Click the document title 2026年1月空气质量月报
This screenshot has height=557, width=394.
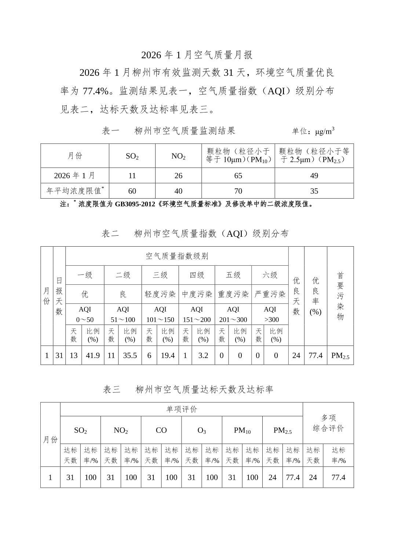tap(197, 55)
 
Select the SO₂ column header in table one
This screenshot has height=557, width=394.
tap(132, 156)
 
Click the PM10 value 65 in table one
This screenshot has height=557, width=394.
tap(238, 176)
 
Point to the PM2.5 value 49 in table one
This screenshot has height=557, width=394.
tap(314, 176)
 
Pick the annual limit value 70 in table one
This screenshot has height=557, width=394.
tap(238, 191)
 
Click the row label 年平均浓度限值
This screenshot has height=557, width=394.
tap(75, 191)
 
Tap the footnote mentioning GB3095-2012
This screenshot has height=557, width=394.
tap(187, 204)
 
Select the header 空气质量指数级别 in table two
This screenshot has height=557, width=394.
tap(177, 256)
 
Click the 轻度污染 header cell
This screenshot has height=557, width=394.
tap(160, 294)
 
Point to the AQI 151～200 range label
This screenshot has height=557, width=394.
tap(197, 314)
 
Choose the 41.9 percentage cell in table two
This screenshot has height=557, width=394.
tap(93, 355)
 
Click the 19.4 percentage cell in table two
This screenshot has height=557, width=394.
tap(168, 355)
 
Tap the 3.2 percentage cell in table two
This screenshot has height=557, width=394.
tap(203, 355)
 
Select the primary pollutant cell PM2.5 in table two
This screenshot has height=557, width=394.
tap(340, 355)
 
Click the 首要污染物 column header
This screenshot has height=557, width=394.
tap(340, 296)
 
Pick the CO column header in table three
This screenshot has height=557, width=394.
tap(161, 430)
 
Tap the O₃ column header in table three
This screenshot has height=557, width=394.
tap(202, 430)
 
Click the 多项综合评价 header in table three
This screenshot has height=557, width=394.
tap(328, 423)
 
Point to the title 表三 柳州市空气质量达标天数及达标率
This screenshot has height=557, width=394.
tap(188, 390)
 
